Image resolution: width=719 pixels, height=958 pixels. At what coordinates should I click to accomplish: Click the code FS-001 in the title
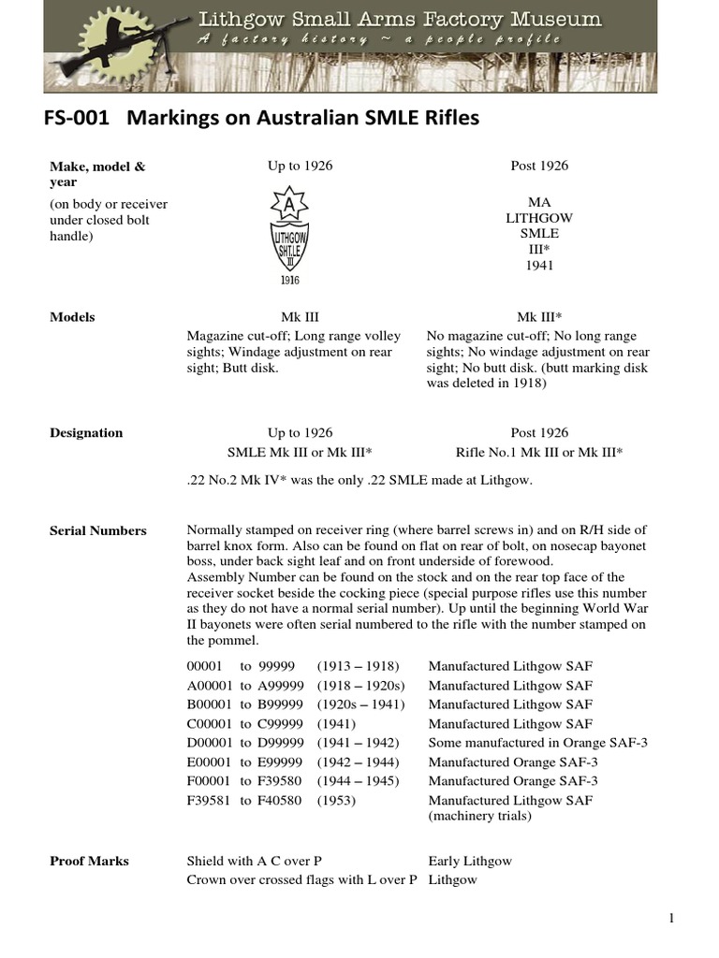coord(79,120)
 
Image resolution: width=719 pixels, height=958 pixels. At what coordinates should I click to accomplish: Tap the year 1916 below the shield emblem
coord(288,279)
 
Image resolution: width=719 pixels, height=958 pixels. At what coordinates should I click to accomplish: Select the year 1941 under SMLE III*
coord(539,265)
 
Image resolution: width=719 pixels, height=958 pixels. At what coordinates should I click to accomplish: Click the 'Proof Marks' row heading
coord(89,861)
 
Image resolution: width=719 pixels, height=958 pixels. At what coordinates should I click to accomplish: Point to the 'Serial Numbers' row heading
coord(97,530)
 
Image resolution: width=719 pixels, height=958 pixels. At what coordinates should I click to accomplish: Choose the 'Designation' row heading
coord(86,432)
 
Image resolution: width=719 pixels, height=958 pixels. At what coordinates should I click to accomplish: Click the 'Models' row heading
coord(72,317)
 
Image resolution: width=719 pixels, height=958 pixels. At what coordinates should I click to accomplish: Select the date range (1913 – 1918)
coord(358,666)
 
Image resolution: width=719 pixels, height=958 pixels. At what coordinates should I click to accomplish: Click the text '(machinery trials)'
coord(479,816)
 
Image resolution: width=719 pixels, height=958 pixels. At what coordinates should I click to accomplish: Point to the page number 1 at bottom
coord(671,919)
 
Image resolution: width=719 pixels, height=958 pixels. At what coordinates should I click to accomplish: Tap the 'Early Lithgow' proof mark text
coord(470,861)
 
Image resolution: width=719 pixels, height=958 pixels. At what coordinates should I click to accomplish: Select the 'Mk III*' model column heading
coord(539,317)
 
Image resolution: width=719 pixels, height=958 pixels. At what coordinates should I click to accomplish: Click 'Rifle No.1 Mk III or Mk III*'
coord(539,452)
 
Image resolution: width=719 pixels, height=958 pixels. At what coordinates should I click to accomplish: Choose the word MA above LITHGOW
coord(539,201)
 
